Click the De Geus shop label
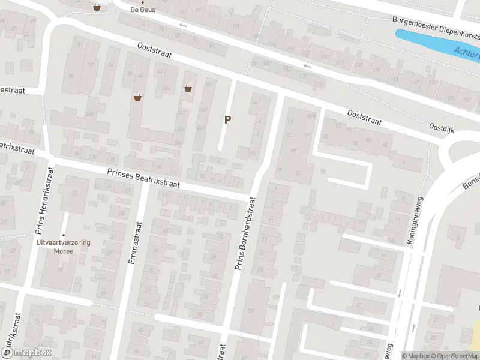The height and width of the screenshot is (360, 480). (x=142, y=10)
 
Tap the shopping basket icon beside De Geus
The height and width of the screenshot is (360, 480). (x=97, y=7)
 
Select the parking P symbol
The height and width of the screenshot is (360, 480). (x=227, y=119)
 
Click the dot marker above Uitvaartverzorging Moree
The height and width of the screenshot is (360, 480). (x=63, y=235)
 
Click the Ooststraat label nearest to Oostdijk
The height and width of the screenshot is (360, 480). (x=365, y=117)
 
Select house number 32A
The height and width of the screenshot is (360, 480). (x=91, y=114)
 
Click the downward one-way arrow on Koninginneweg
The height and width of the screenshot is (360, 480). (x=398, y=294)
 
